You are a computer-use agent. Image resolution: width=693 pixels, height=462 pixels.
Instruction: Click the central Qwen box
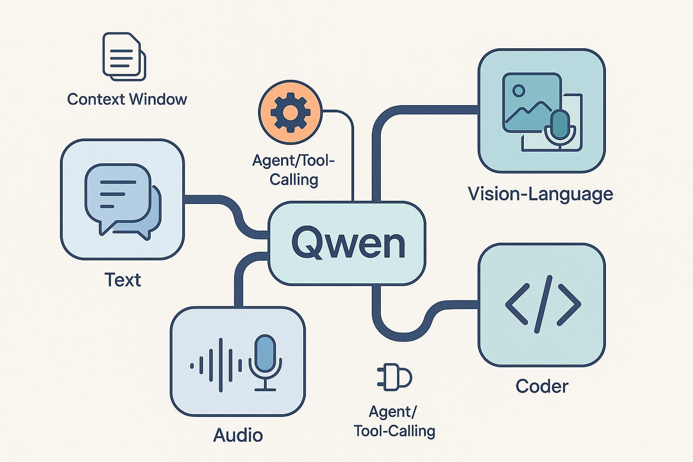coord(346,244)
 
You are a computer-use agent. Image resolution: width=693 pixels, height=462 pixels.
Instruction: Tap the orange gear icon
coord(290,112)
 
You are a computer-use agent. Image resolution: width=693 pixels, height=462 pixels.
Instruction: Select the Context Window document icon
coord(124,56)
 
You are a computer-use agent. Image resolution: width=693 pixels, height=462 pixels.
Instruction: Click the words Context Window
coord(127,99)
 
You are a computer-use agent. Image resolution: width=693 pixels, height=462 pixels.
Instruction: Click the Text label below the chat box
coord(123,280)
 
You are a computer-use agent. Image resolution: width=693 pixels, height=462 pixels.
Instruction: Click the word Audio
coord(238,435)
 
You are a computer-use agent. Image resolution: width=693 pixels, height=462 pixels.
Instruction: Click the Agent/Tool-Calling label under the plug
coord(394,421)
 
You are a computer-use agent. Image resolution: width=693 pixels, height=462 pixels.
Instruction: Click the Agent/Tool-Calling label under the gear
coord(294,170)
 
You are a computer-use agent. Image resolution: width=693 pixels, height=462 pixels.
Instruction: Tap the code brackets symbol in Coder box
coord(542,304)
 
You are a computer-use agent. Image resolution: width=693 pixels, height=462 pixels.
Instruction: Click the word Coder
coord(542,387)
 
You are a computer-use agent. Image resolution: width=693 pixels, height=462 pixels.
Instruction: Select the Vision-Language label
coord(541,194)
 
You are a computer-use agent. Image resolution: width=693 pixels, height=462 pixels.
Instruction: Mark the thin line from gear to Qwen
coord(352,153)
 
